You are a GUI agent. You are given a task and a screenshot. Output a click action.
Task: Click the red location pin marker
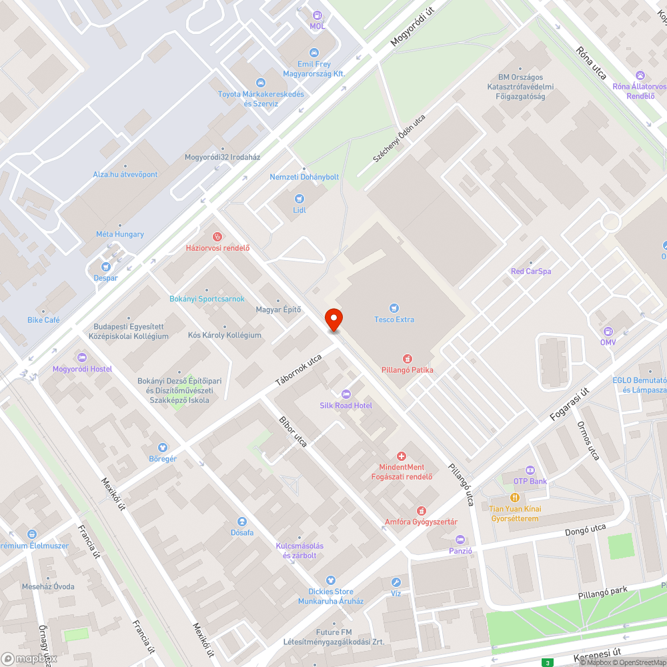(333, 319)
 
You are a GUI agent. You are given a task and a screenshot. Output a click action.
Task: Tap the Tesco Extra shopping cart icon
(394, 307)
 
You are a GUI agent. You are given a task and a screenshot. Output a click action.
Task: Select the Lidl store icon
(299, 198)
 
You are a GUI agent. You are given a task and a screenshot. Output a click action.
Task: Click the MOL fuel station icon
(317, 15)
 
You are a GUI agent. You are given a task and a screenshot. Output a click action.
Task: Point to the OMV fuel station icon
(608, 331)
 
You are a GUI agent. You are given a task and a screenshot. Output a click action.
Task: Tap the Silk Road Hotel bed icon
(346, 394)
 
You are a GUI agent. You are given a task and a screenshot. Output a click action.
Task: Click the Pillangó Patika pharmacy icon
(407, 358)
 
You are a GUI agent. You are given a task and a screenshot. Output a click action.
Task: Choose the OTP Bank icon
(530, 470)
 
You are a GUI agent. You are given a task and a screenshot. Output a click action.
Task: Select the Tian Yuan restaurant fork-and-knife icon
(515, 498)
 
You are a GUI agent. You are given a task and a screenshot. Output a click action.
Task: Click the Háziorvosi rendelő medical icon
(217, 237)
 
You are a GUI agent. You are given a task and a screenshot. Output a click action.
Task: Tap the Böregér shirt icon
(163, 447)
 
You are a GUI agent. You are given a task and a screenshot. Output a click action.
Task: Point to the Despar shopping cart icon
(105, 267)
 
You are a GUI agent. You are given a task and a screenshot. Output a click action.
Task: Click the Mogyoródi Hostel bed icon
(82, 358)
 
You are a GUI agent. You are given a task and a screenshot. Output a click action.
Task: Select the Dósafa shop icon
(242, 521)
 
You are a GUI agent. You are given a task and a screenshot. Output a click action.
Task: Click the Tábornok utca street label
(299, 371)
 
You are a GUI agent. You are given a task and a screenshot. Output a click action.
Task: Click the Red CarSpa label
(531, 271)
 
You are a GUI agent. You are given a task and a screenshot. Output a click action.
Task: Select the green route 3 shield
(548, 662)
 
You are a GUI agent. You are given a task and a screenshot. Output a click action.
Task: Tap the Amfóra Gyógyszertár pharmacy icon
(421, 510)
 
